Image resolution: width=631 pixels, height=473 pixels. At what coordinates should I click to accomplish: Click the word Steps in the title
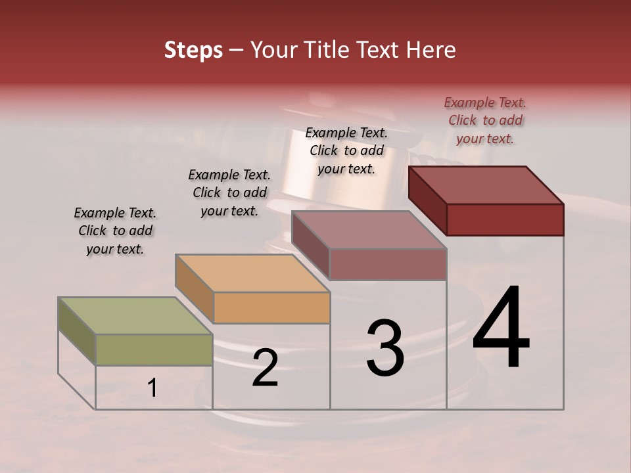(193, 50)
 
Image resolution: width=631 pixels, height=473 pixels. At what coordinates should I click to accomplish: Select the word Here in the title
(431, 50)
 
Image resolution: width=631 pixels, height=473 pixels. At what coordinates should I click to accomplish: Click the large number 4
(501, 328)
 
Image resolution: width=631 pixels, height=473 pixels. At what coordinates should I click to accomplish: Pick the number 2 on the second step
(265, 369)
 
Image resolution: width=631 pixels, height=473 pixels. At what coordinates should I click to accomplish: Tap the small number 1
(152, 388)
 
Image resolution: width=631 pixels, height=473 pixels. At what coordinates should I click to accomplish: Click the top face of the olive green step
(135, 315)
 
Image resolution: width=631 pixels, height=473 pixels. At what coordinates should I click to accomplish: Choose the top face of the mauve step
(369, 229)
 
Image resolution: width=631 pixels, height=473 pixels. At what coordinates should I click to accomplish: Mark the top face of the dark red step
(486, 185)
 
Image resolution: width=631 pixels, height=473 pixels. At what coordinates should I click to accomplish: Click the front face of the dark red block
(505, 219)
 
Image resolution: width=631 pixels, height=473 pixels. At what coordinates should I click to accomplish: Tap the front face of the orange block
(271, 307)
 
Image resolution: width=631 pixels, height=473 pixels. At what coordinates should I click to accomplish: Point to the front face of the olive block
(154, 349)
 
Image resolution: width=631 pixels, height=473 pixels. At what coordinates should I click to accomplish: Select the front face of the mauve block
(388, 264)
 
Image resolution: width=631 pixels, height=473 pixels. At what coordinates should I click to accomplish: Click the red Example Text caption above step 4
(485, 120)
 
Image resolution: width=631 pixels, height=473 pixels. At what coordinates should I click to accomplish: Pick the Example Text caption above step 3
(346, 150)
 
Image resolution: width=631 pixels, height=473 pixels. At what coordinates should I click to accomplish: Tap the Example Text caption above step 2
(229, 192)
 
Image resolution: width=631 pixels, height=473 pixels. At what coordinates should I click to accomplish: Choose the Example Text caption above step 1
(115, 231)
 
